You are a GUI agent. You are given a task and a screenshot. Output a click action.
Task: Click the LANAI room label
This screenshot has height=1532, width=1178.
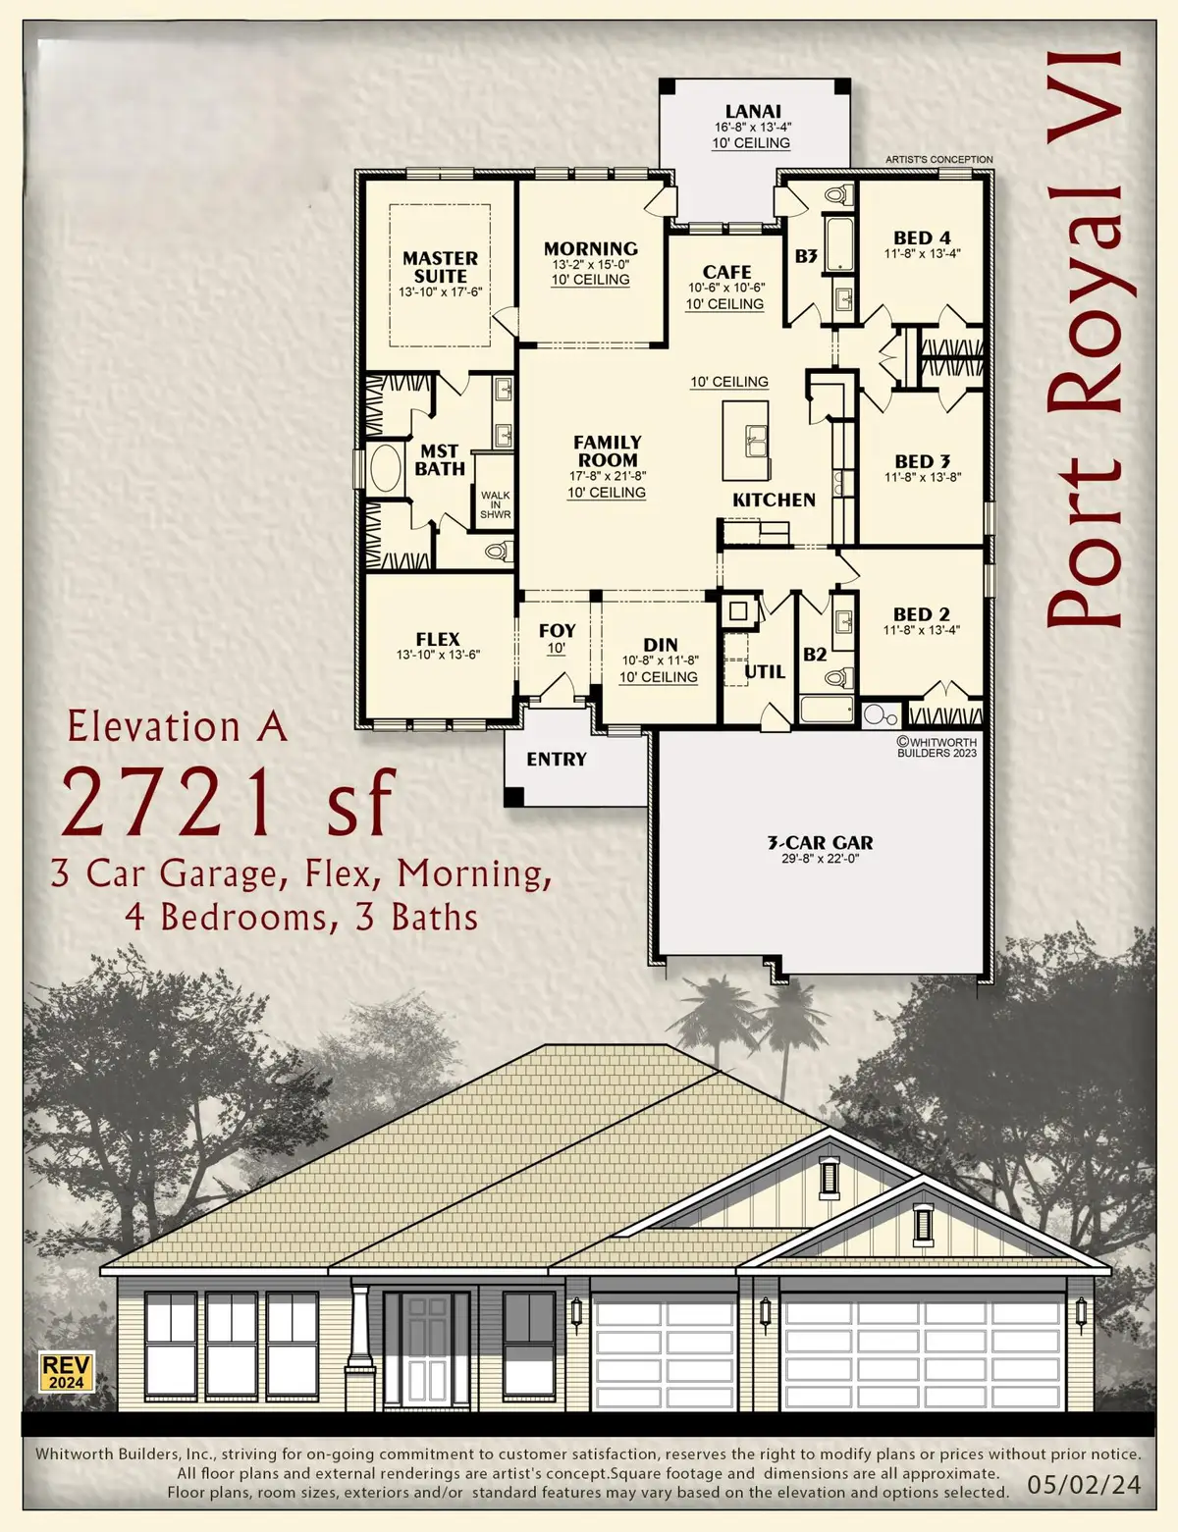tap(753, 112)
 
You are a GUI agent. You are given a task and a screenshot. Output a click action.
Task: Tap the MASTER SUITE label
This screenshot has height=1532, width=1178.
tap(440, 267)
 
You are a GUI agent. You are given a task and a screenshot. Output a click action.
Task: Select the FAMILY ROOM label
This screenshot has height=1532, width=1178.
tap(608, 451)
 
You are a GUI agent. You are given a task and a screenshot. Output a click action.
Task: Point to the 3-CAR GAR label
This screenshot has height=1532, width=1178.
tap(820, 842)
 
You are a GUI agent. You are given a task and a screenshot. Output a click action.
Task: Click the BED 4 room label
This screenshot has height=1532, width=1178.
tap(922, 238)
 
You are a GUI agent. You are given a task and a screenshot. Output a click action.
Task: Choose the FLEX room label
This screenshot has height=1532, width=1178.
tap(438, 639)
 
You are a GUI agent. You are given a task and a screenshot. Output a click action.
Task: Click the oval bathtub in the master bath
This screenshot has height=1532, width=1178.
tap(384, 469)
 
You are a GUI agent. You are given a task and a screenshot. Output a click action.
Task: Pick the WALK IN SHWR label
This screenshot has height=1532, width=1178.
tap(495, 504)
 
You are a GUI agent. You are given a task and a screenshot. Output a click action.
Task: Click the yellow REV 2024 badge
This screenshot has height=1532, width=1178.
tap(66, 1371)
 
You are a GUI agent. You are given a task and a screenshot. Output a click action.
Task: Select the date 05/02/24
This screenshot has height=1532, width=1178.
tap(1084, 1484)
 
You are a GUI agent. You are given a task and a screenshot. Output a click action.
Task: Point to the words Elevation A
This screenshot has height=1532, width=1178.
tap(177, 727)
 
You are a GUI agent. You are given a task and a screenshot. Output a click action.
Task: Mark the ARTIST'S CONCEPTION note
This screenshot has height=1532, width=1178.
tap(938, 159)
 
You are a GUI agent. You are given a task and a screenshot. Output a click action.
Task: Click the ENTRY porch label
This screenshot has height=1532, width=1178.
tap(556, 759)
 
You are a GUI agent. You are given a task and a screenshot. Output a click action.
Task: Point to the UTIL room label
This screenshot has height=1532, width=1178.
tap(764, 671)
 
